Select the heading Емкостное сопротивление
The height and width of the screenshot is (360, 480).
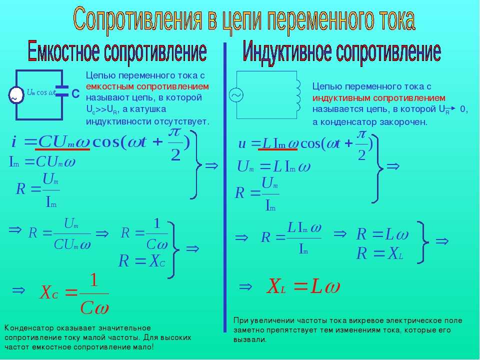117,51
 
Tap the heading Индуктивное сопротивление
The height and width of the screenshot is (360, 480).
341,52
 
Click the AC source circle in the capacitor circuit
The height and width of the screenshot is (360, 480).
16,95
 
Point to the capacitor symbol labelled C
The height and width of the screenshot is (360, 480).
62,91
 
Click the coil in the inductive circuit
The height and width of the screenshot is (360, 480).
298,95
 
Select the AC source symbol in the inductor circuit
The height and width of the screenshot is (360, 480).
236,95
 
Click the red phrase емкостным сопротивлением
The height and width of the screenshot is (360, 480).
147,86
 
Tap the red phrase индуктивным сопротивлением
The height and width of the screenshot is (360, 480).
378,98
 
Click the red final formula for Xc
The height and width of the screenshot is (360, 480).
74,294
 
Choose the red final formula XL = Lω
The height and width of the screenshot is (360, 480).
303,286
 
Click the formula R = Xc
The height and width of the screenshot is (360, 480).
142,261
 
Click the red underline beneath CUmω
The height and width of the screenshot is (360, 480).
62,149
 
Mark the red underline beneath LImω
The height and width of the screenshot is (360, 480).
278,149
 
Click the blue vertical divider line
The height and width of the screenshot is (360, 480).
225,187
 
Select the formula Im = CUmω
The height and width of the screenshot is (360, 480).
42,161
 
